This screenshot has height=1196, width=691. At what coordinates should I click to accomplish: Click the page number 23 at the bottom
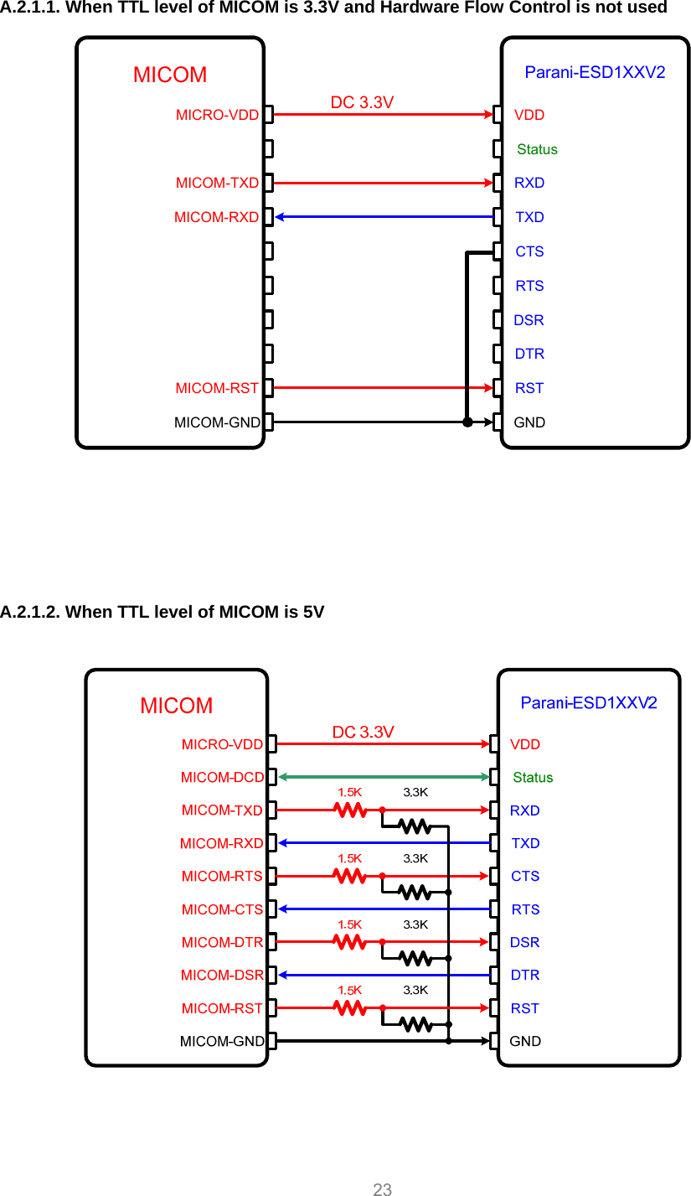coord(383,1188)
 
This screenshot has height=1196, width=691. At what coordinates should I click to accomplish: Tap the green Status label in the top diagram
coord(537,149)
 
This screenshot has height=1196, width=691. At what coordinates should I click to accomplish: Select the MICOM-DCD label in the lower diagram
coord(222,778)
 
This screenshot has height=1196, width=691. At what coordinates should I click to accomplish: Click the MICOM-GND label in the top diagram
coord(217,422)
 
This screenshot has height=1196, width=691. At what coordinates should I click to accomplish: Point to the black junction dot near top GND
coord(467,422)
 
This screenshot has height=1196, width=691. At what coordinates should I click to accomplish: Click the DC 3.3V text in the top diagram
coord(362,102)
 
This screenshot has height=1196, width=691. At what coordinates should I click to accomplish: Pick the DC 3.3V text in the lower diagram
coord(363,732)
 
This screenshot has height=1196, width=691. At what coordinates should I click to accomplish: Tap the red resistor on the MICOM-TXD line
coord(350,810)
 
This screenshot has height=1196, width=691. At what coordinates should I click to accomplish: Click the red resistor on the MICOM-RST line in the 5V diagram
coord(350,1007)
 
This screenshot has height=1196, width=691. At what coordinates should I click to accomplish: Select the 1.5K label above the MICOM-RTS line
coord(349,858)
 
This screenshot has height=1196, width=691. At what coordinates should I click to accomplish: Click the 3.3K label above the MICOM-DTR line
coord(415,924)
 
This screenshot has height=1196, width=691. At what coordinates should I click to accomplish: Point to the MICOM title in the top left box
coord(170,75)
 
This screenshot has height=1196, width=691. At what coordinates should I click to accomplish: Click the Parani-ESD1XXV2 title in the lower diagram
coord(589,702)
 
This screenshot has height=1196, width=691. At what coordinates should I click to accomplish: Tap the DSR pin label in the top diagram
coord(529,320)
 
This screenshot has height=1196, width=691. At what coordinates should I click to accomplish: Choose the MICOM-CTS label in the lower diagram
coord(222,909)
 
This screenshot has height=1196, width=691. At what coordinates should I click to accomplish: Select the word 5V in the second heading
coord(314,612)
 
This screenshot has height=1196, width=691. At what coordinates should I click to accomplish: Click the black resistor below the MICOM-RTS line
coord(415,892)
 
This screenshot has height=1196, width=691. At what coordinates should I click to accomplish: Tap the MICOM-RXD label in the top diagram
coord(216,217)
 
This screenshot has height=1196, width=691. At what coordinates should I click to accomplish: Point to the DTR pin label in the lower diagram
coord(525,975)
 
